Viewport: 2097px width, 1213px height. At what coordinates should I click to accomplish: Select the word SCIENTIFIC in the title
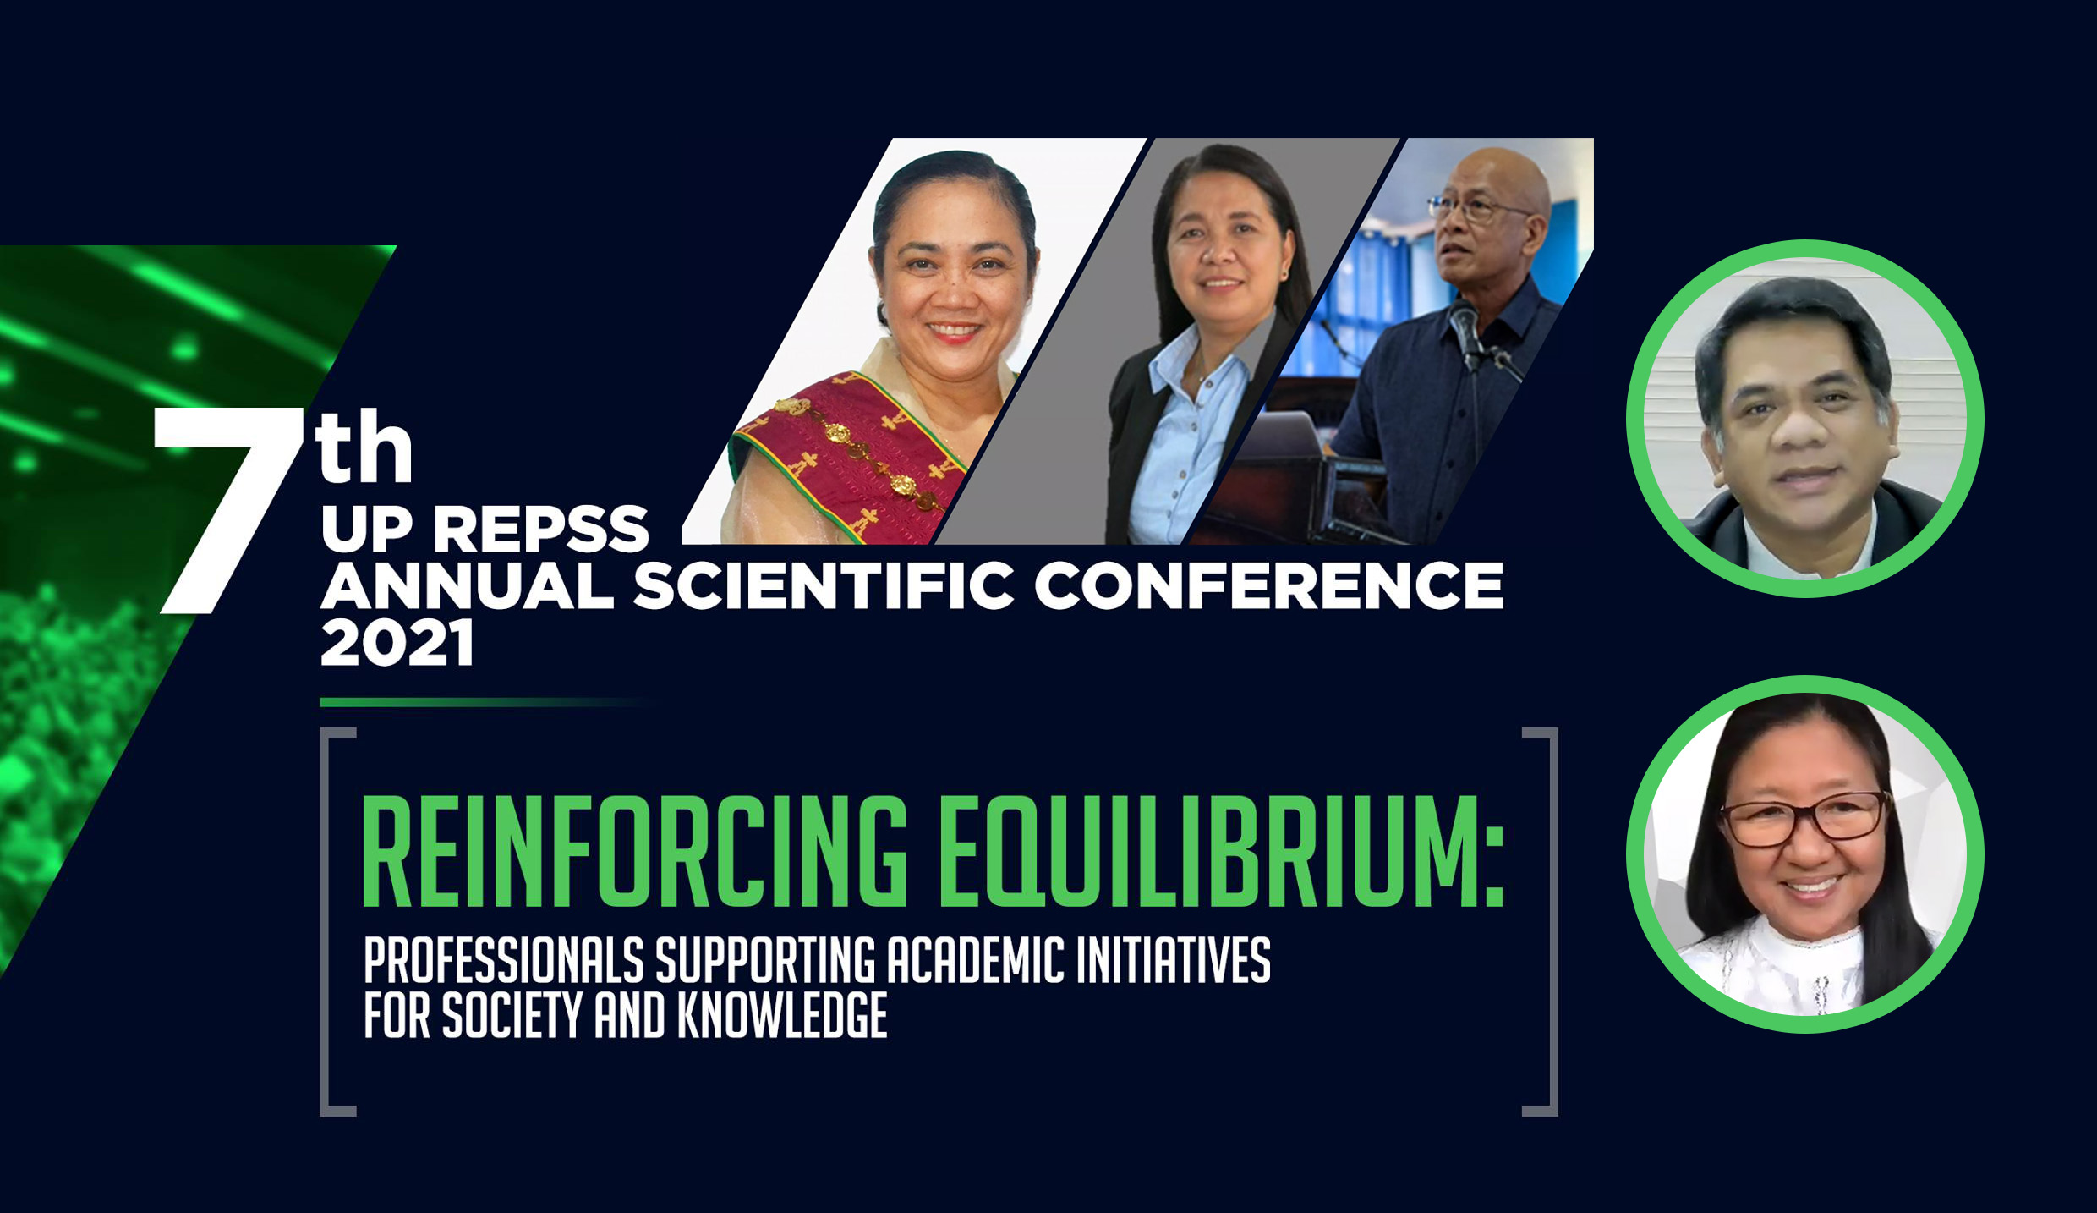point(824,585)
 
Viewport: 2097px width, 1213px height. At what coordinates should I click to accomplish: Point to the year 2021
point(397,644)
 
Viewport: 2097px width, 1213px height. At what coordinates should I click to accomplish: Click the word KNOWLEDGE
point(782,1014)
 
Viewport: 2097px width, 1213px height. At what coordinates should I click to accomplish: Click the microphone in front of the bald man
point(1465,330)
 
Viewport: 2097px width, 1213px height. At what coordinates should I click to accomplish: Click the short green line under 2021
point(482,702)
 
